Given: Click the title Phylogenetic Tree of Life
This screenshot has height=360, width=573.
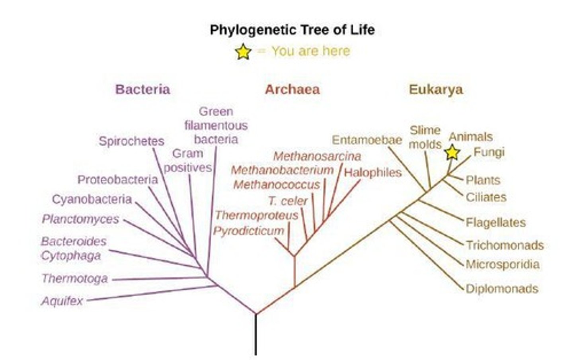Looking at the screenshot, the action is tap(292, 30).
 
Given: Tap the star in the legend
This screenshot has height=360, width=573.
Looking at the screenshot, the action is tap(243, 52).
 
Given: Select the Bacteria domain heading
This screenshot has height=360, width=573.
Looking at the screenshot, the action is tap(142, 89).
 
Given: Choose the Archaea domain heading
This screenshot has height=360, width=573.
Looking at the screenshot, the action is tap(292, 89).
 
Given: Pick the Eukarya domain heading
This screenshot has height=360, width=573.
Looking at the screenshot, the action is tap(436, 89).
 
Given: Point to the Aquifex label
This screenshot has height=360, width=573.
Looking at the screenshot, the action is tap(62, 301).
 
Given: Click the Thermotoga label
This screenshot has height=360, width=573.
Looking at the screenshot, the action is tap(75, 278).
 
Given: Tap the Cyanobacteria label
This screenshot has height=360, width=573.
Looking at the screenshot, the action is tap(92, 199).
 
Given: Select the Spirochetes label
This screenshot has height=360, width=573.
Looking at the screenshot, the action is tap(131, 141).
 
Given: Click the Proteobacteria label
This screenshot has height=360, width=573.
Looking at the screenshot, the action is tap(117, 180).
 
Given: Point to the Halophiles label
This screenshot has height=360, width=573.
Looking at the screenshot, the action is tap(373, 173).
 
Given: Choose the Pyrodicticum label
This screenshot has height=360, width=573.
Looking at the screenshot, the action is tap(249, 231).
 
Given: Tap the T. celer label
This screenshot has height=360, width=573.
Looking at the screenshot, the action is tap(288, 201).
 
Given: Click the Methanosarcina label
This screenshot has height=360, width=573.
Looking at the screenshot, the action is tap(317, 156).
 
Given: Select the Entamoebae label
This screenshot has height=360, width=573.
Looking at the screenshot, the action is tap(367, 140).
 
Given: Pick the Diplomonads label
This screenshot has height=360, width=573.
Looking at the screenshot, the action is tap(502, 289).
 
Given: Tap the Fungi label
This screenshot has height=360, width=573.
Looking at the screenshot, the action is tap(489, 152).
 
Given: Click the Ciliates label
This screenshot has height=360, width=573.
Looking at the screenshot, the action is tap(486, 197).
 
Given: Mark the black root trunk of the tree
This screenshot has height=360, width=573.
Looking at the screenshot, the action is tap(255, 335).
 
